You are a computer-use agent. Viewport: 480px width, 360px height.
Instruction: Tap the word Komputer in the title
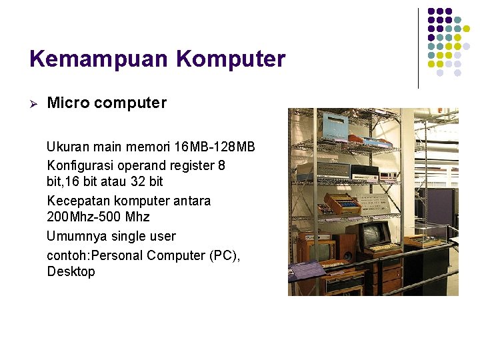231,59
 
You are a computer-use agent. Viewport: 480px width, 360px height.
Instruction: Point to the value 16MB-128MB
214,147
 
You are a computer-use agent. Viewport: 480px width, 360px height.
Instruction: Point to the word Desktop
71,271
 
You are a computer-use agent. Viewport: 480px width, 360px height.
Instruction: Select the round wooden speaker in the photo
347,255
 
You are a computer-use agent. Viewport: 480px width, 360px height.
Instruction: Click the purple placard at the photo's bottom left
306,270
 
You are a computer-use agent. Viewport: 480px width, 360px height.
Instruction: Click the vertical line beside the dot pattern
418,48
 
